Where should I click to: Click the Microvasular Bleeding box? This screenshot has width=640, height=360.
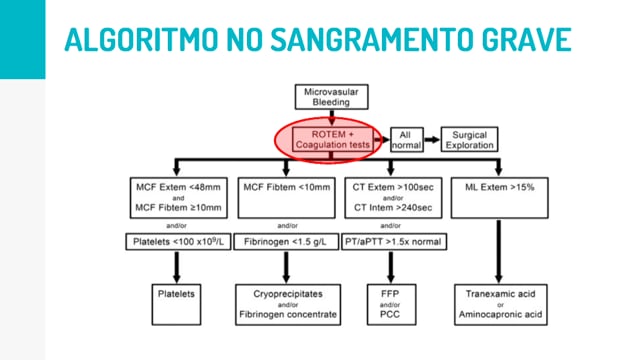coord(331,97)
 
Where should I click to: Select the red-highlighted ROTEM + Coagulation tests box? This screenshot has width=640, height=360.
coord(332,140)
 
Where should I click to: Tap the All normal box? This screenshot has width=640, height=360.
coord(407,140)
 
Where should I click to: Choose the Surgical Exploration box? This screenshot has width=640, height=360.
coord(469,140)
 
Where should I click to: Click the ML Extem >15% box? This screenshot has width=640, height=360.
coord(500,198)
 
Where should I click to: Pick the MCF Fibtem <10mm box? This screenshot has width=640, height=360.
coord(287,198)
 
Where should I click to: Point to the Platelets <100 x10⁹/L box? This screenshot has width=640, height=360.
coord(178,242)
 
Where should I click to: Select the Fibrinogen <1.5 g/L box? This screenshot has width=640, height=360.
coord(286,242)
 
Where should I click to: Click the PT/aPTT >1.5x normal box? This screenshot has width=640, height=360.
coord(394,242)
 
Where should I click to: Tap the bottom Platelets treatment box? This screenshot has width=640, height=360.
coord(176,304)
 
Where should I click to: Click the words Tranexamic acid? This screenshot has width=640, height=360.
coord(500,294)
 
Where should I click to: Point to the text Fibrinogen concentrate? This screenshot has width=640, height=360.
coord(288,314)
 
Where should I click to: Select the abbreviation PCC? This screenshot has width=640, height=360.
coord(390,314)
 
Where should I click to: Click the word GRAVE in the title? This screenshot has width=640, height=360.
coord(527,40)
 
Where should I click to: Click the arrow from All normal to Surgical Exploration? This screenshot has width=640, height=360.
coord(432,140)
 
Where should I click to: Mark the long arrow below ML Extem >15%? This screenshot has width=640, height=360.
coord(498,251)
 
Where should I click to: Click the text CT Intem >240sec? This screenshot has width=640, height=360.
coord(393,208)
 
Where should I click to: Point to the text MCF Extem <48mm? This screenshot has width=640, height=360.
coord(178,187)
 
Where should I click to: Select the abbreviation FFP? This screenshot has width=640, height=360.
coord(390,294)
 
